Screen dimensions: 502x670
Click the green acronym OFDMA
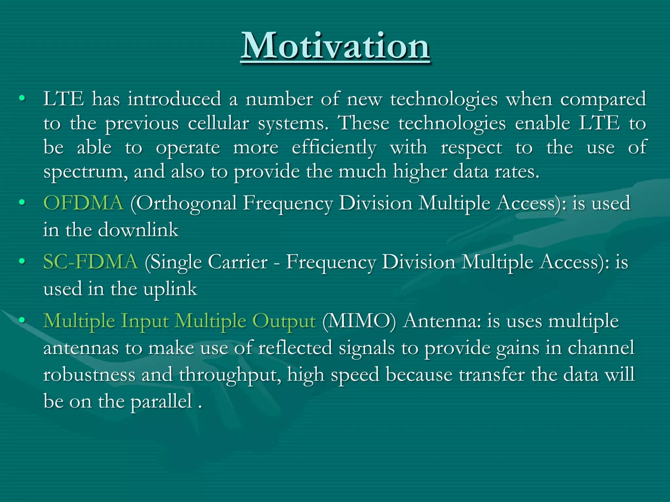coord(83,203)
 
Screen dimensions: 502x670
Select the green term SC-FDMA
coord(91,262)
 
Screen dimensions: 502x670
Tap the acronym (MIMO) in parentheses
coord(359,321)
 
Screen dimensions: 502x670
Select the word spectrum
coord(83,172)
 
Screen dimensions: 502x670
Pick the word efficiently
coord(334,148)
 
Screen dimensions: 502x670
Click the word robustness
coord(89,375)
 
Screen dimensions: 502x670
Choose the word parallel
coord(161,402)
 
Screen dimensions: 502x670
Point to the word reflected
coord(295,348)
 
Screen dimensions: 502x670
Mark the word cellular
coord(218,124)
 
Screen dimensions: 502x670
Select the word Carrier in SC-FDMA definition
coord(238,262)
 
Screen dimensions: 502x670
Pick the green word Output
coord(284,321)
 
